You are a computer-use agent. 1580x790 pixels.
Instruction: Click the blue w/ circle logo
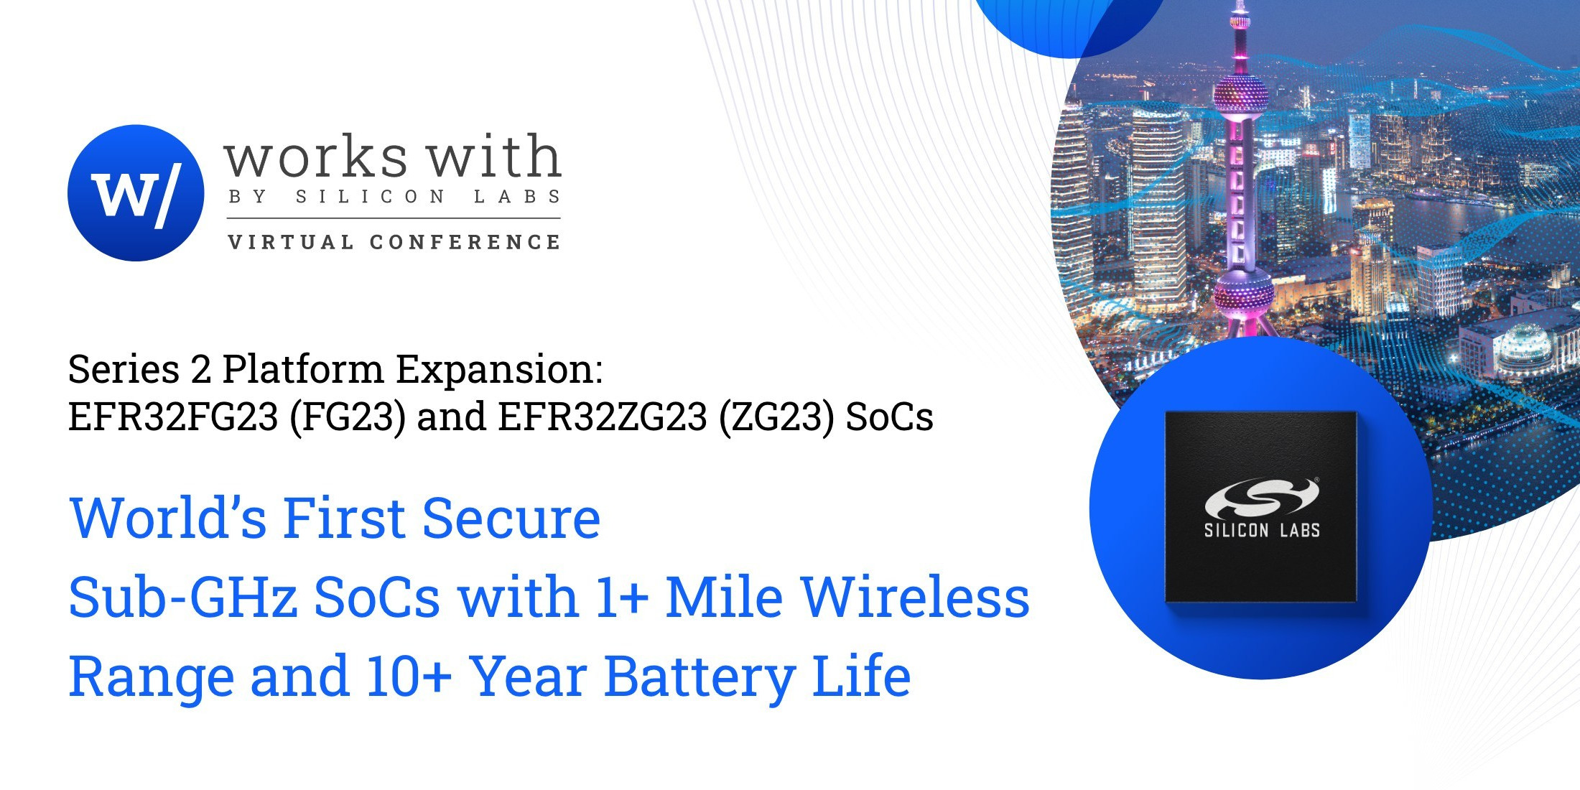coord(136,192)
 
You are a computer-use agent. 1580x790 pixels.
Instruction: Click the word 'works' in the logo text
coord(316,157)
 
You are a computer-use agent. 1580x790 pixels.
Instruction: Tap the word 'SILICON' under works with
coord(370,197)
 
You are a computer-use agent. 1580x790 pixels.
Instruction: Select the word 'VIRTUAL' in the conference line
coord(290,242)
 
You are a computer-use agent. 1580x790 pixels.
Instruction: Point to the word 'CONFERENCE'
coord(465,242)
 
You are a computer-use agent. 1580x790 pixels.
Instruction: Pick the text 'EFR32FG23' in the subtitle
coord(173,417)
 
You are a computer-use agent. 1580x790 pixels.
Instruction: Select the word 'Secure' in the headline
coord(511,517)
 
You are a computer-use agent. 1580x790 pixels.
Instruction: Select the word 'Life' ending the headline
coord(861,676)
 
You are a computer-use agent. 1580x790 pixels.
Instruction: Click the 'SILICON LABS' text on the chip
coord(1262,531)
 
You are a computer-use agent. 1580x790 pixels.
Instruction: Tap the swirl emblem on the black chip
coord(1262,497)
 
